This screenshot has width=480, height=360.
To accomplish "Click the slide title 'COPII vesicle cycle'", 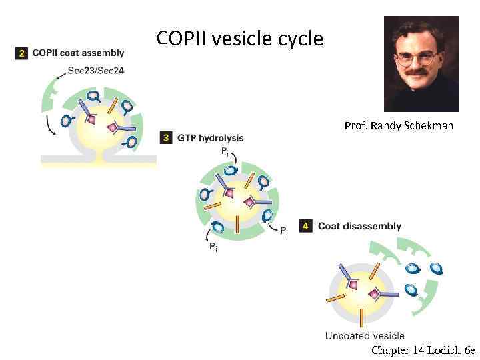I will tap(240, 38).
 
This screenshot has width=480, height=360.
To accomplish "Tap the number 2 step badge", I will tap(21, 53).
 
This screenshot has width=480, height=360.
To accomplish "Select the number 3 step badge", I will tap(167, 138).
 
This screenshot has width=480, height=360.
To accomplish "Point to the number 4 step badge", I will tap(307, 227).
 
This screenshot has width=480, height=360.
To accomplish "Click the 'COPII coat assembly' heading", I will tap(78, 53).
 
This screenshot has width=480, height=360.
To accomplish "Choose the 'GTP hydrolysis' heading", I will tap(210, 138).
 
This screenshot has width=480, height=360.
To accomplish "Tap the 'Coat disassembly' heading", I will tap(359, 227).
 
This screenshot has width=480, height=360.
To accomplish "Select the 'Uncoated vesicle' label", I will tap(365, 335).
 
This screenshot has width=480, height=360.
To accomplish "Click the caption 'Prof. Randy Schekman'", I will tap(399, 125).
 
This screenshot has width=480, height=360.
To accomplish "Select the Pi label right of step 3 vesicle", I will tap(284, 231).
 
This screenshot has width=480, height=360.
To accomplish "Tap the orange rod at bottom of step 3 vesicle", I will tap(238, 224).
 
